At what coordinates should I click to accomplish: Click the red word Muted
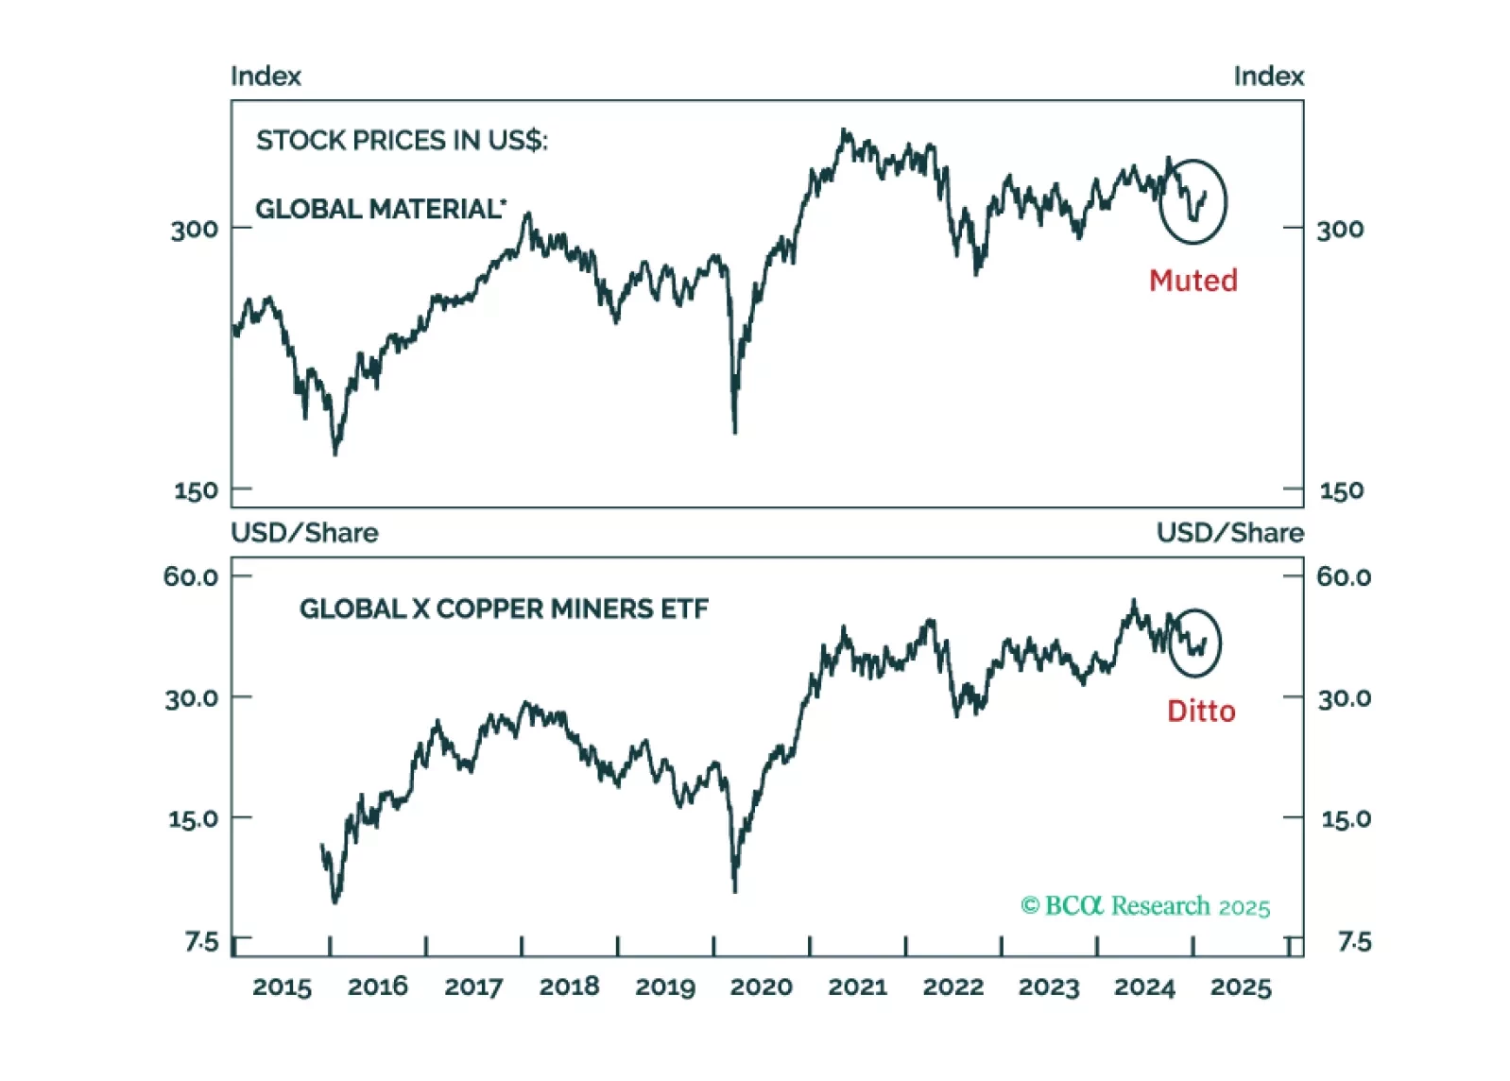1193,281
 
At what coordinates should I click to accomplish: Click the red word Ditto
1200,711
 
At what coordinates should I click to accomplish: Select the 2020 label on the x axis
761,987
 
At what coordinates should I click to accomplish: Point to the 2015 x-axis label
282,987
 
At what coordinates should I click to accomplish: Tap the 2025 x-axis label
1240,987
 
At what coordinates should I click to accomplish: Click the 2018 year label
569,987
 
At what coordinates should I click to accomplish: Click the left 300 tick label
194,230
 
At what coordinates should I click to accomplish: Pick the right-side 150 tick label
1341,490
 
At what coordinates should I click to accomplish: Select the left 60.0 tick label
191,576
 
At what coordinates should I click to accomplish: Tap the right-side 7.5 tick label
1353,941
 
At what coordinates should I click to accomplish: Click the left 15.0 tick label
193,818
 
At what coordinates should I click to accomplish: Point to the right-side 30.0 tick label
1344,698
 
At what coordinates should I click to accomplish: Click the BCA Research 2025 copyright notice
1145,906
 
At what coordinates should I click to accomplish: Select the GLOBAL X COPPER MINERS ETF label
504,609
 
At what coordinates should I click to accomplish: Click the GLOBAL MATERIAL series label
380,209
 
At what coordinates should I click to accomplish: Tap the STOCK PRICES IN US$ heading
402,141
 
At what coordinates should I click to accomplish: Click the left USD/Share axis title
304,533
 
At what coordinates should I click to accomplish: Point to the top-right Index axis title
1268,77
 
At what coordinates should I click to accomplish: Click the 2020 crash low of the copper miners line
735,888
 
